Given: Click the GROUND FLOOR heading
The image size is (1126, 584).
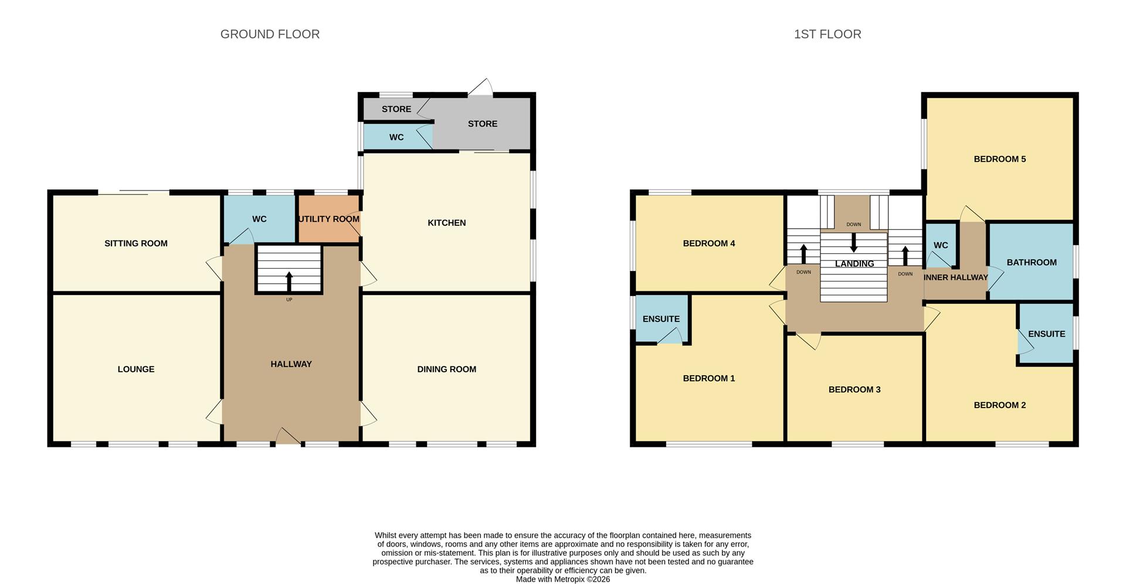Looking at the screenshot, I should click(270, 35).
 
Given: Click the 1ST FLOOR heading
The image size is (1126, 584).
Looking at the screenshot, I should click(827, 35).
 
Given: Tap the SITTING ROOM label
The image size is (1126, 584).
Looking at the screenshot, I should click(136, 243).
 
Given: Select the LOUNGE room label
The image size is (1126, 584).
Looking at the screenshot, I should click(136, 369).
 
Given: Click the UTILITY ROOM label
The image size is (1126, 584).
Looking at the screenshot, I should click(329, 219).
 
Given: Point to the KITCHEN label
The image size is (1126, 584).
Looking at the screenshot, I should click(446, 223).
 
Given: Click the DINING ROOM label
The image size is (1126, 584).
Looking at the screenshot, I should click(446, 369).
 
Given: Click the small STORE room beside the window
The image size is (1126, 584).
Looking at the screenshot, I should click(396, 109).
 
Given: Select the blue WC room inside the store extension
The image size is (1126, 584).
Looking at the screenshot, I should click(396, 137).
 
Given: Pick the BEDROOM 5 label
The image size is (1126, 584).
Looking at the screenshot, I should click(999, 159).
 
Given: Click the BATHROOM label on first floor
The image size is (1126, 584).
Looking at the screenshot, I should click(1031, 263).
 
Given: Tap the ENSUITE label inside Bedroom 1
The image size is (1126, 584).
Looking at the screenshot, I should click(661, 319).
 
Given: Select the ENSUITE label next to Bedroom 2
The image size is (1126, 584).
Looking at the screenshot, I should click(1046, 334).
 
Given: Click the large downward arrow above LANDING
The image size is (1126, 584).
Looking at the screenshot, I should click(854, 242).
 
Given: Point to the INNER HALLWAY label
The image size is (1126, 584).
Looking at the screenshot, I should click(955, 277).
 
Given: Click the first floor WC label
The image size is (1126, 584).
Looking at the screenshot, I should click(941, 246).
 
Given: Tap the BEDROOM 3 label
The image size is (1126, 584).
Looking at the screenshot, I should click(854, 390).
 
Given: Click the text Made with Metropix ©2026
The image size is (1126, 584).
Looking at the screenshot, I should click(562, 579).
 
